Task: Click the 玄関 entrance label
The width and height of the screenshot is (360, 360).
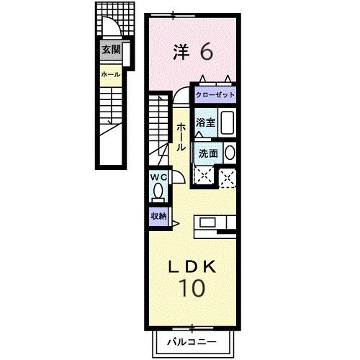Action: tap(110, 50)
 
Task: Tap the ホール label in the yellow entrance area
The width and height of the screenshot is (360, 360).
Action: tap(110, 73)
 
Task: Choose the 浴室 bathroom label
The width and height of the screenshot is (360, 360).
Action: tap(206, 122)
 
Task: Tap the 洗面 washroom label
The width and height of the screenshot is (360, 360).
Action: tap(209, 153)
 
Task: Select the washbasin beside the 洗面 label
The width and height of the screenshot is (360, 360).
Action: tap(230, 153)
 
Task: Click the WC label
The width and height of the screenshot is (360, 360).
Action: tap(158, 177)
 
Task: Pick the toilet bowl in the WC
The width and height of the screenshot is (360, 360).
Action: tap(158, 192)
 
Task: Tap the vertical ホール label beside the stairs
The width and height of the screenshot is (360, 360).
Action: tap(180, 135)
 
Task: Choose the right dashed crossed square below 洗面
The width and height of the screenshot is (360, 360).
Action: tap(228, 176)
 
